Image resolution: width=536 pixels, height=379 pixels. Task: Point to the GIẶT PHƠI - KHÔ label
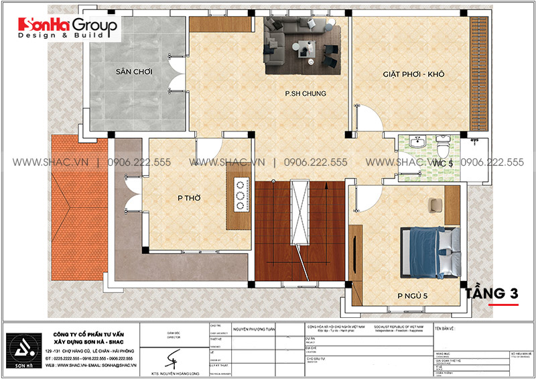[413, 74]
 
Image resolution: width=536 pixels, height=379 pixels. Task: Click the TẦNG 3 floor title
[501, 294]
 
